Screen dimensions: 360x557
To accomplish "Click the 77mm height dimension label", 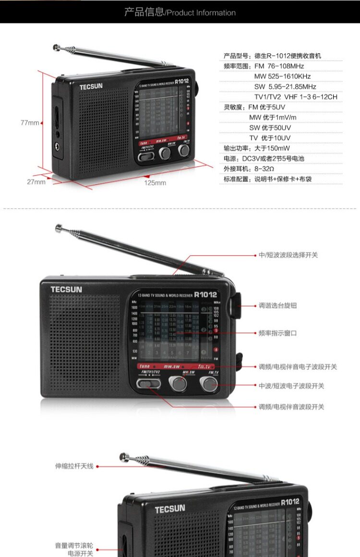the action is (x=30, y=123).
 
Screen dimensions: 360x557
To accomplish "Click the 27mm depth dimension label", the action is (x=36, y=182).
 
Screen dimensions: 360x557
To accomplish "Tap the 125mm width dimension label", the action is (x=155, y=183).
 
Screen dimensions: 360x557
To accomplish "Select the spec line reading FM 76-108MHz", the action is (x=264, y=66).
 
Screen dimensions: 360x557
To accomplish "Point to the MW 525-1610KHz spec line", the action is (x=282, y=76).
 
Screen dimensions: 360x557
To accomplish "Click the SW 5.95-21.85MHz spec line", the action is (x=285, y=87).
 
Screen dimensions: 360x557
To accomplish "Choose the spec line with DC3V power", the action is (x=264, y=158).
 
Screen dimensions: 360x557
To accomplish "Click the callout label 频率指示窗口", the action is (x=278, y=333).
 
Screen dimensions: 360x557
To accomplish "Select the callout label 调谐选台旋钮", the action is (x=278, y=306).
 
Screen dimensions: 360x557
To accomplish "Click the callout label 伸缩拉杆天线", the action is (x=74, y=466).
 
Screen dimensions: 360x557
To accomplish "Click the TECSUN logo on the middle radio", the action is (x=66, y=289).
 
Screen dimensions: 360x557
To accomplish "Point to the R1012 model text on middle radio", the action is (x=205, y=295).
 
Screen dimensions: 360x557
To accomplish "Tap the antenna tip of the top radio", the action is (x=56, y=47).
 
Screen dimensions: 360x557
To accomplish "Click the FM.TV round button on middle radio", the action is (x=209, y=383).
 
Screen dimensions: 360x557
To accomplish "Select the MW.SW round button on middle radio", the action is (x=178, y=383).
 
